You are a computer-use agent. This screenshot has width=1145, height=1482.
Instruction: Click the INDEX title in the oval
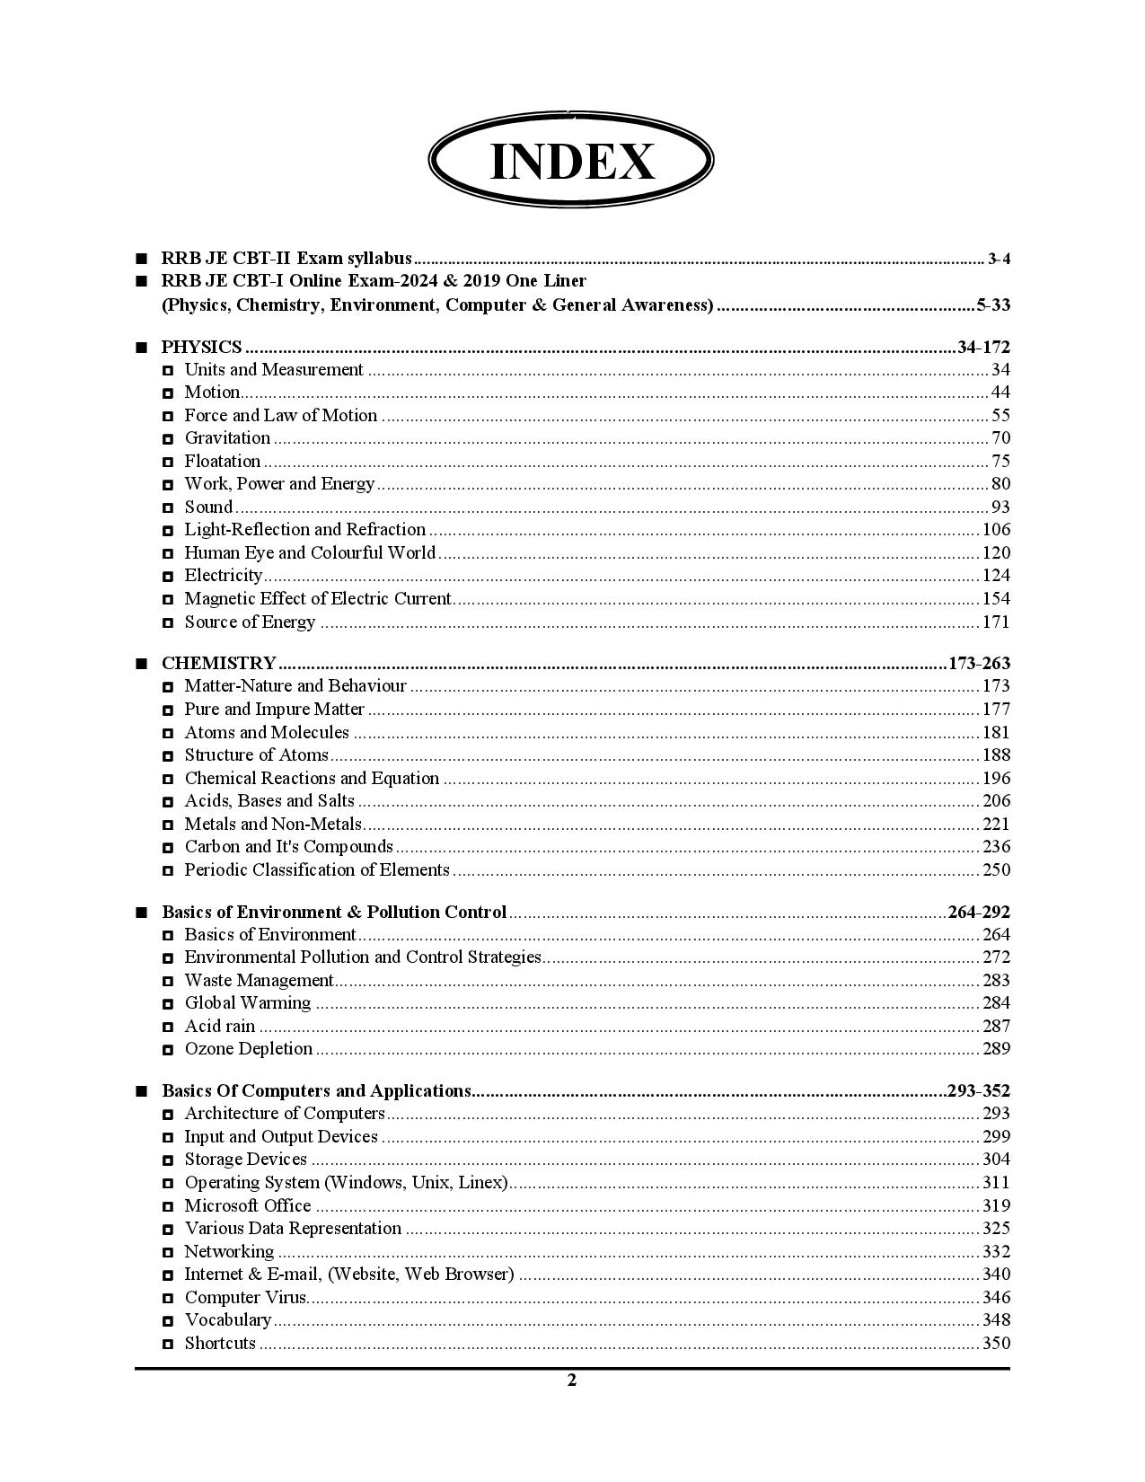point(571,162)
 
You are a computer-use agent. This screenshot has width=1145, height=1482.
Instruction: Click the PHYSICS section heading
point(201,347)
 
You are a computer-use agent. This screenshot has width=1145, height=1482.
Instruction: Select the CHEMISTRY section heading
point(218,664)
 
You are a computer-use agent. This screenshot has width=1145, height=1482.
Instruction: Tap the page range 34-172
point(983,347)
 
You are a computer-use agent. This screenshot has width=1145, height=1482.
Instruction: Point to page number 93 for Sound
point(1000,507)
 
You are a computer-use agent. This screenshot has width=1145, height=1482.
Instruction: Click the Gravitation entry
point(227,438)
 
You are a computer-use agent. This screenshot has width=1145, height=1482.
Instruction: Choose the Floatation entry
point(222,462)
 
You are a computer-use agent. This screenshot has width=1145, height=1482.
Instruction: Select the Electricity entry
point(223,576)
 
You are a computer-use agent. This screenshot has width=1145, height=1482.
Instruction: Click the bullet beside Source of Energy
point(168,622)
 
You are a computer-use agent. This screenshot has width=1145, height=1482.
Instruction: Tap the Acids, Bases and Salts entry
point(269,801)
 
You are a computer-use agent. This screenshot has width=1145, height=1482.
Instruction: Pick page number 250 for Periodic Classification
point(996,870)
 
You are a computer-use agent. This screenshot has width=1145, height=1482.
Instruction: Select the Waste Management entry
point(259,981)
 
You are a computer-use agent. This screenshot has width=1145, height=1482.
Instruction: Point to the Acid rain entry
point(220,1027)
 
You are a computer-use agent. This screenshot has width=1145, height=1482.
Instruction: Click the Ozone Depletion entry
point(249,1049)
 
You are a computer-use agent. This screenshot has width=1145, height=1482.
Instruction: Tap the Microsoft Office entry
point(248,1206)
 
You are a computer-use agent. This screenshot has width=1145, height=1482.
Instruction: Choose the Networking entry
point(229,1252)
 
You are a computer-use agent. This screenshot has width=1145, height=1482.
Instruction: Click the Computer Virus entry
point(245,1298)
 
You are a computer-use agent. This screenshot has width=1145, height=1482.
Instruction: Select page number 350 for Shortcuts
point(996,1344)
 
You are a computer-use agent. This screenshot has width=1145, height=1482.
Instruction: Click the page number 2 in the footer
point(572,1381)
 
